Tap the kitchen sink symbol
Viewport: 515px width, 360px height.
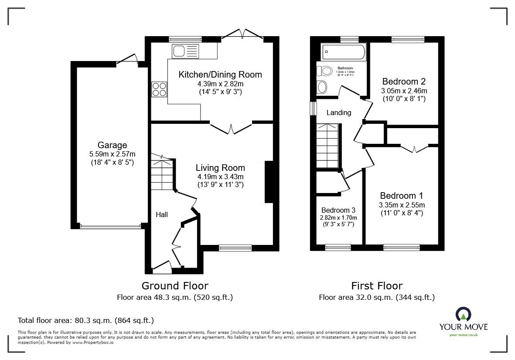[185, 51]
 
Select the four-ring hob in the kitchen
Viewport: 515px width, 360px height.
[159, 89]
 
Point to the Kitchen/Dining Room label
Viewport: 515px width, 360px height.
[220, 75]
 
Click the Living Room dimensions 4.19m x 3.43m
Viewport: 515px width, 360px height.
[220, 177]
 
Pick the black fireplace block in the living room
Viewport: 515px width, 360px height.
[269, 182]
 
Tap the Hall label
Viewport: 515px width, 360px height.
[162, 214]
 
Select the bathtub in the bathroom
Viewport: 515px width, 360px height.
[343, 53]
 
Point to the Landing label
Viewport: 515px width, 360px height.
[339, 113]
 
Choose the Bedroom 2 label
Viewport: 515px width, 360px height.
[404, 82]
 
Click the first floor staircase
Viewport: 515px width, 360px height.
[327, 146]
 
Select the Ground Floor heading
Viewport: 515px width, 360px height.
[175, 286]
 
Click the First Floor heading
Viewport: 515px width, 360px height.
[377, 286]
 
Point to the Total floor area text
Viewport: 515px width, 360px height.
[85, 320]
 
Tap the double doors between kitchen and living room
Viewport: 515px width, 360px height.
[231, 128]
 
